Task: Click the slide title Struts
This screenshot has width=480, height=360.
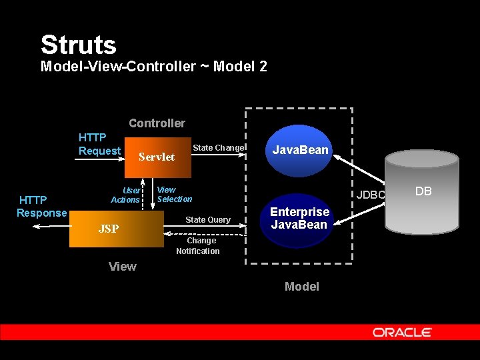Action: click(79, 45)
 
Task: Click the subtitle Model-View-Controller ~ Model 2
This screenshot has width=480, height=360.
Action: click(154, 67)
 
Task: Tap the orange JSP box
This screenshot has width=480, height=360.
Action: click(117, 229)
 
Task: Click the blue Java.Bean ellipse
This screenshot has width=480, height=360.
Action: click(300, 150)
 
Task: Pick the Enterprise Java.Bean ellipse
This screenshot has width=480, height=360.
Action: click(299, 219)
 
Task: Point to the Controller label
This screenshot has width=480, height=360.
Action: click(157, 123)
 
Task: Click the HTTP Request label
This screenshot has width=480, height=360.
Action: click(99, 144)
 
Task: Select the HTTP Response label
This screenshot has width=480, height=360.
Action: click(42, 206)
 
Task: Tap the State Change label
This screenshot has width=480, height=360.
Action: click(219, 148)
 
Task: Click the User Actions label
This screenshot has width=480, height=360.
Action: click(126, 195)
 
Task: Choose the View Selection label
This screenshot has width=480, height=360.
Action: click(174, 194)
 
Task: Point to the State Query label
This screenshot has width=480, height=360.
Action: click(208, 220)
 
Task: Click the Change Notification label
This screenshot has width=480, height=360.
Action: click(198, 246)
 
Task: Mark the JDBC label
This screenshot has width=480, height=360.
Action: click(371, 195)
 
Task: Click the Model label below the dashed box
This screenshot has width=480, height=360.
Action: click(302, 287)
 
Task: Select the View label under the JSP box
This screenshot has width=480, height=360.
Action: click(123, 267)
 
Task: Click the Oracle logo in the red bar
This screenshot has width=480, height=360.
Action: click(403, 332)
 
